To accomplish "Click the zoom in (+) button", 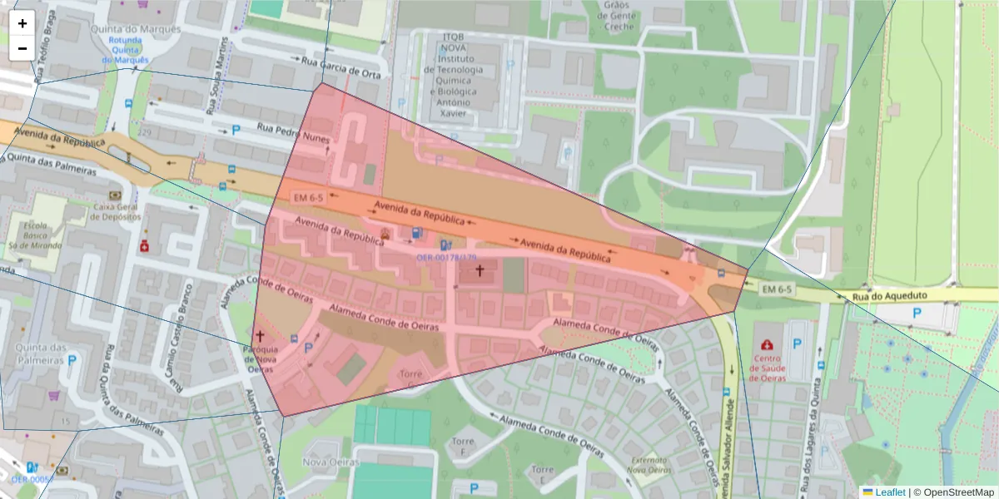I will tap(22, 23).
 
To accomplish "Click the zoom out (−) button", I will tap(22, 48).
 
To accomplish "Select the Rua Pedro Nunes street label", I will tap(293, 133).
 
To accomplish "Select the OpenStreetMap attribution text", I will tap(957, 492).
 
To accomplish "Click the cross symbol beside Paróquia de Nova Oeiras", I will tap(260, 336).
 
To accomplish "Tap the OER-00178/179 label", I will tap(446, 258).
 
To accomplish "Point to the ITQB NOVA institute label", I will tap(454, 75).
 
